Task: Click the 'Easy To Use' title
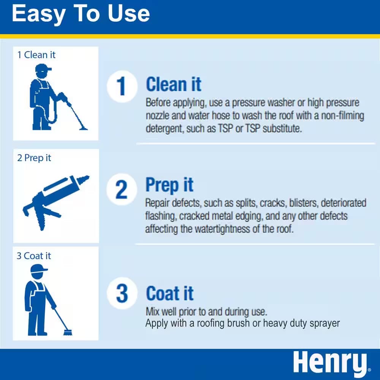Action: click(81, 14)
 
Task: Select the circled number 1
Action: click(121, 86)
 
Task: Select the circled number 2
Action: click(121, 189)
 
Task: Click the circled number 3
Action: click(122, 293)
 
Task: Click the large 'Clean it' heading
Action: click(174, 84)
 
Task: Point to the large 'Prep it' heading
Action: click(169, 185)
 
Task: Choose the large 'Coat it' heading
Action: click(170, 293)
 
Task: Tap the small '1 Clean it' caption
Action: click(36, 55)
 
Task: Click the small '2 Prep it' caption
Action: click(34, 158)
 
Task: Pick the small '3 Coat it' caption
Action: click(34, 256)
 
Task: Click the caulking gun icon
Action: click(53, 201)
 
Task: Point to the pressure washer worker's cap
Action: click(43, 69)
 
